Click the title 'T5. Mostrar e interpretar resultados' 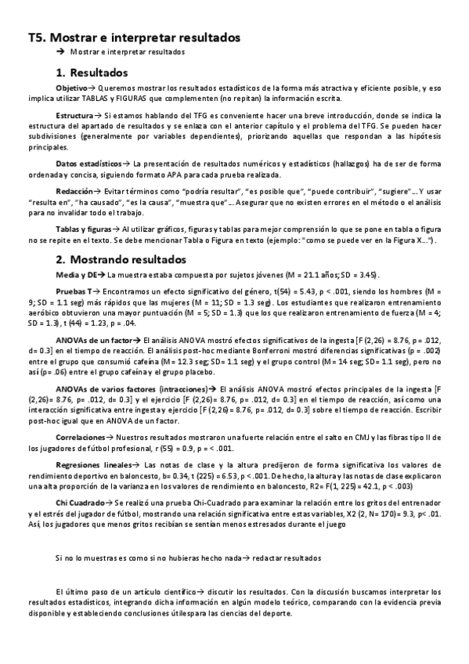(134, 37)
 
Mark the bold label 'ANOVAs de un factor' (98, 342)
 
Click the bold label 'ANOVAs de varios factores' (110, 389)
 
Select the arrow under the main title (60, 52)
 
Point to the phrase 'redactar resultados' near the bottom (287, 558)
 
